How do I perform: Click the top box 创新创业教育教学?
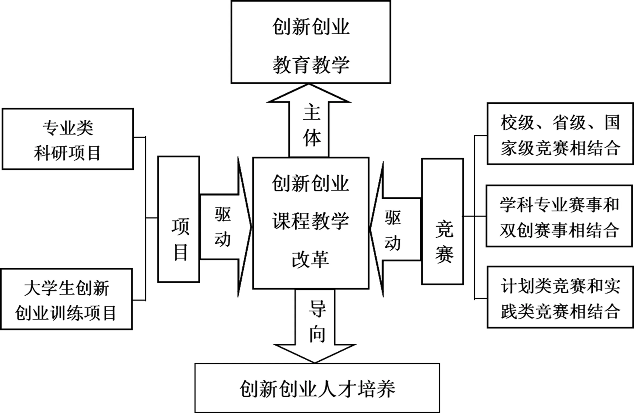(311, 42)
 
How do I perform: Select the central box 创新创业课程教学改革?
(311, 223)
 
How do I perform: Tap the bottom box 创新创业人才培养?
(317, 388)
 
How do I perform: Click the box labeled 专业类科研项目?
(68, 139)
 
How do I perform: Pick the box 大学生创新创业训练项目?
(66, 299)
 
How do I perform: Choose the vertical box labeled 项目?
(179, 219)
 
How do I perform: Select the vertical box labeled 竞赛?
(443, 221)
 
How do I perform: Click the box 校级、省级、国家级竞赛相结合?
(560, 134)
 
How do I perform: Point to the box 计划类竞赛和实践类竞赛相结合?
(560, 297)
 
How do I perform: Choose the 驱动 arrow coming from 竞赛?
(395, 230)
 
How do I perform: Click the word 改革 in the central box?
(310, 259)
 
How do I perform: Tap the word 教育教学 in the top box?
(311, 65)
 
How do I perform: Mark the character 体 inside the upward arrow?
(312, 138)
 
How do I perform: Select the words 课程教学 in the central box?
(311, 222)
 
